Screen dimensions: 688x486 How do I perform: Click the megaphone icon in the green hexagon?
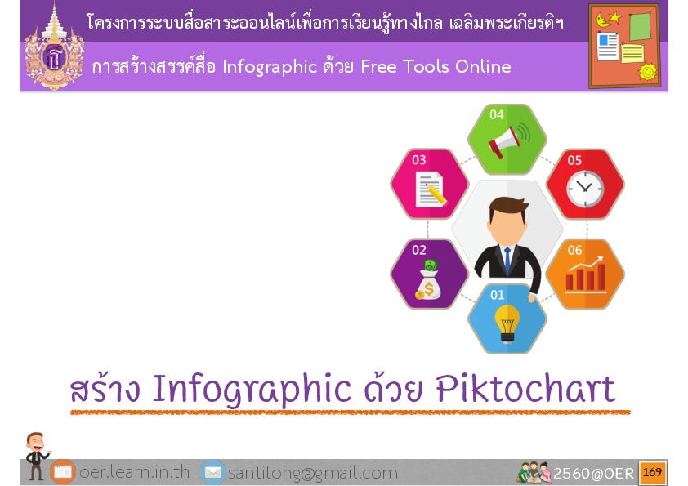click(509, 140)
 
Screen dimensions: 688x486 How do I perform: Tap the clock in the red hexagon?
click(585, 189)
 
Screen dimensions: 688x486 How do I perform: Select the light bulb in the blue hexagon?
click(507, 323)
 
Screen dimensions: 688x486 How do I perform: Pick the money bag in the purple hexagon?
click(429, 280)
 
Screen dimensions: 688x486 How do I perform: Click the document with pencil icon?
click(431, 189)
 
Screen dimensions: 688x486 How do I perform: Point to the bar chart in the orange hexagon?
click(586, 275)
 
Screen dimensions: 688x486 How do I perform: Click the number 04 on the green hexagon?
click(497, 114)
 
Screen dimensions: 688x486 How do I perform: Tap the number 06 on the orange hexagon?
click(574, 250)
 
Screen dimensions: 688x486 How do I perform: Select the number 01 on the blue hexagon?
click(497, 295)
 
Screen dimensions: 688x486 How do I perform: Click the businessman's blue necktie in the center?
click(507, 260)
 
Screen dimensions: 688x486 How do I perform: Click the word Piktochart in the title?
click(525, 389)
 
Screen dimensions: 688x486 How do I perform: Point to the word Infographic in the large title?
click(252, 390)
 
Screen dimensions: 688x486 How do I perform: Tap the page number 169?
click(652, 472)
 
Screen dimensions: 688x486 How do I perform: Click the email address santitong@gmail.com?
click(313, 473)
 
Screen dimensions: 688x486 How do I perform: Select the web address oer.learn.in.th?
click(134, 472)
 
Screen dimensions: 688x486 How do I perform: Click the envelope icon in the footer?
click(213, 472)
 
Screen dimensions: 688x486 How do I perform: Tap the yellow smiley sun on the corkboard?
click(648, 71)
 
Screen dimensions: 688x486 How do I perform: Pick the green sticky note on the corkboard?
click(640, 26)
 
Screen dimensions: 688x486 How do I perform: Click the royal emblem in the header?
click(54, 47)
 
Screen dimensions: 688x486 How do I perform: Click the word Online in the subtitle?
click(483, 67)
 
